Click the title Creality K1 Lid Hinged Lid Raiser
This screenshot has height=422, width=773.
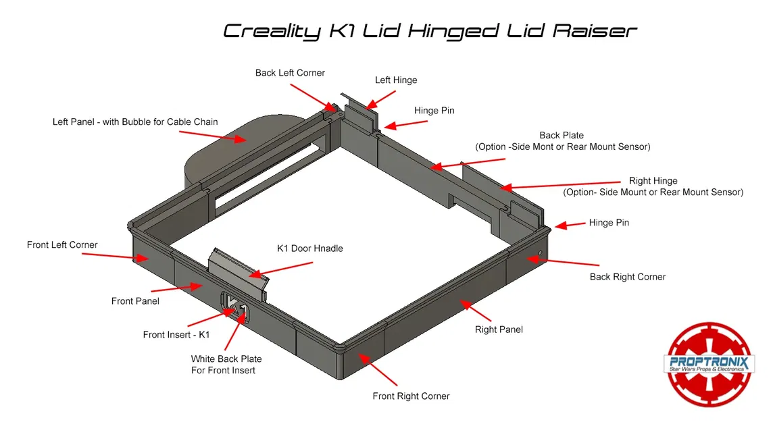(430, 31)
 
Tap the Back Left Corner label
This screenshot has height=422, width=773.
(290, 73)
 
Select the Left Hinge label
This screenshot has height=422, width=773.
(396, 80)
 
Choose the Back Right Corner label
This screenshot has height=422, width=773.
(627, 277)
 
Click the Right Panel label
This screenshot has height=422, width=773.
(499, 329)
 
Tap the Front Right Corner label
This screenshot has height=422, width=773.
(411, 396)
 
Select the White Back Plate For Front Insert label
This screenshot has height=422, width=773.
(226, 365)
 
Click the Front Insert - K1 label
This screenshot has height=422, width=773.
(176, 335)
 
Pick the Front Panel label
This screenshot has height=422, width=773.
(135, 301)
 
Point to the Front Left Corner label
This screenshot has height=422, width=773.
(62, 245)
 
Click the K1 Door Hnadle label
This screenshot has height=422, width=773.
(309, 248)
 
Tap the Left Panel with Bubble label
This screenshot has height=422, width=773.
(135, 122)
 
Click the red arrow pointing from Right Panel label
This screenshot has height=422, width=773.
(476, 312)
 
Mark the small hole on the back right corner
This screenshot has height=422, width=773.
(539, 255)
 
